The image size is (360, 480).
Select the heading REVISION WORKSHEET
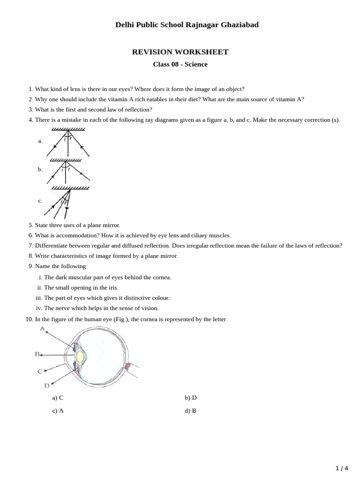pyautogui.click(x=180, y=52)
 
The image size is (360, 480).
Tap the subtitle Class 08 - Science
pyautogui.click(x=180, y=64)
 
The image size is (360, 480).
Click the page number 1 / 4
pyautogui.click(x=342, y=468)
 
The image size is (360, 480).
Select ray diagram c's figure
pyautogui.click(x=68, y=202)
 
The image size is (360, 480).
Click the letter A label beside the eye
pyautogui.click(x=42, y=329)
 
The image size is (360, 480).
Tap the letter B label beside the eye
pyautogui.click(x=37, y=354)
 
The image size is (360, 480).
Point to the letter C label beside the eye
pyautogui.click(x=40, y=371)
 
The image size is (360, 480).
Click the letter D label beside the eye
pyautogui.click(x=47, y=386)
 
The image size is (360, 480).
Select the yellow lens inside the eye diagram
pyautogui.click(x=81, y=357)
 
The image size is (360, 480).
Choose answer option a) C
pyautogui.click(x=58, y=398)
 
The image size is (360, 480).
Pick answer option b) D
pyautogui.click(x=190, y=398)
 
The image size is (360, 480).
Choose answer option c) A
pyautogui.click(x=58, y=411)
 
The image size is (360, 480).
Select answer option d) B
pyautogui.click(x=190, y=411)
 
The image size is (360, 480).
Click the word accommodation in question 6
pyautogui.click(x=70, y=235)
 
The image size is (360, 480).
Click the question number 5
pyautogui.click(x=30, y=225)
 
